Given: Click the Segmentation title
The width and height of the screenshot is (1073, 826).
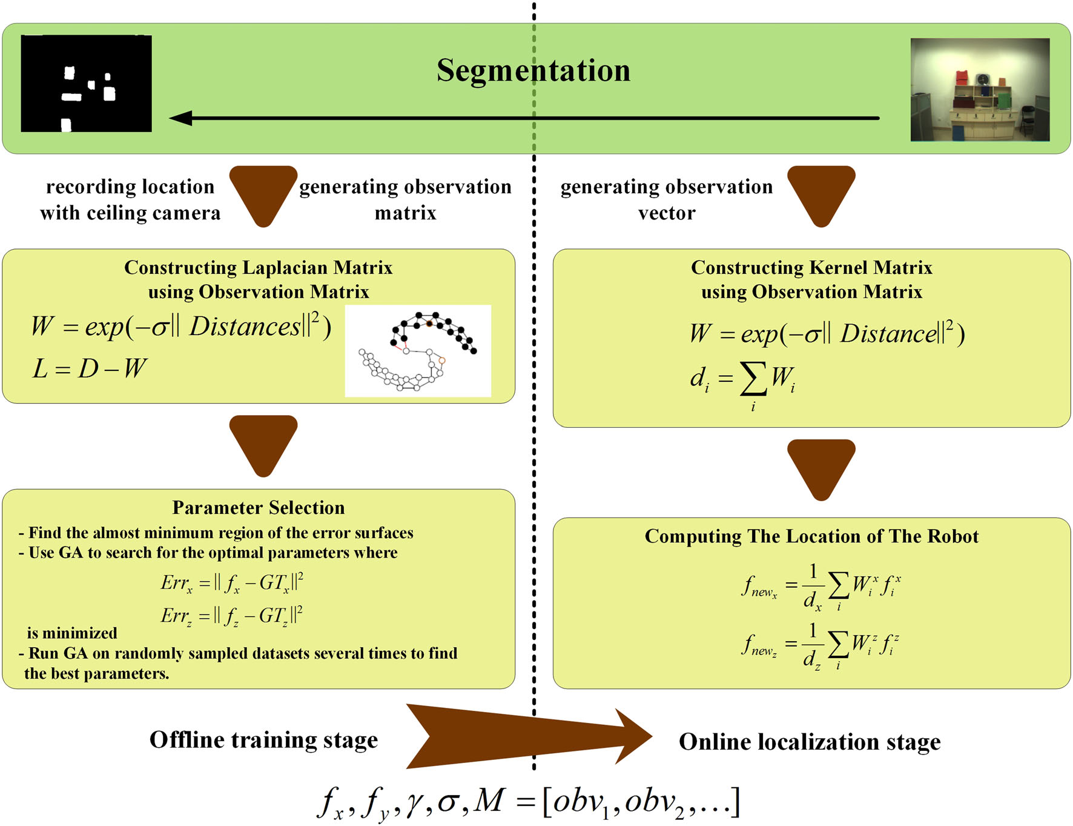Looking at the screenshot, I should pos(533,70).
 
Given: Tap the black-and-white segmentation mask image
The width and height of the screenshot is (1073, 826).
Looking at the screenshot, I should pos(86,84).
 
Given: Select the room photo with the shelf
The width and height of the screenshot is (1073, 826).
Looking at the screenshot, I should pos(979,90).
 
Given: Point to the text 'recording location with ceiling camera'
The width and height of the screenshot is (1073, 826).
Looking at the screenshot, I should pos(130,199).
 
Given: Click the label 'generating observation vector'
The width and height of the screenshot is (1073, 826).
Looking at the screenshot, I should pos(666,199).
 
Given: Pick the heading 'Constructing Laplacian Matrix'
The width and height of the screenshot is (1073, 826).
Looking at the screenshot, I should pos(259,267).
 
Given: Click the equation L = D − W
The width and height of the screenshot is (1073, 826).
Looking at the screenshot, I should pos(89,368).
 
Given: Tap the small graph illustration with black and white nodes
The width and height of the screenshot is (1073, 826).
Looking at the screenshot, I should pos(418,351).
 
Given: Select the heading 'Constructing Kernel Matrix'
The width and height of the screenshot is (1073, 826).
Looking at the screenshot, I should pos(811,267).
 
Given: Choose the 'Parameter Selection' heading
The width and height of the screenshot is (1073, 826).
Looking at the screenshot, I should pos(259,507).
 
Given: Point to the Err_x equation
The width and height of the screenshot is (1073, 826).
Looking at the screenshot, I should pos(232,583).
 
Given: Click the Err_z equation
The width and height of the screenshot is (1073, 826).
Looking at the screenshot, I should pos(232,616).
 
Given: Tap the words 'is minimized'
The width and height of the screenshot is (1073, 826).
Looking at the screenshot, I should pos(72,633).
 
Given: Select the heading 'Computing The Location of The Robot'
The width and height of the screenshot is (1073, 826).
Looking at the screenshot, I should pos(811,536).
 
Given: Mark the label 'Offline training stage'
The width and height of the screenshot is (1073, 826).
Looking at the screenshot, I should pos(263,740).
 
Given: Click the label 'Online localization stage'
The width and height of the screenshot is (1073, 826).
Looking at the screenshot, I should pos(810,742).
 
